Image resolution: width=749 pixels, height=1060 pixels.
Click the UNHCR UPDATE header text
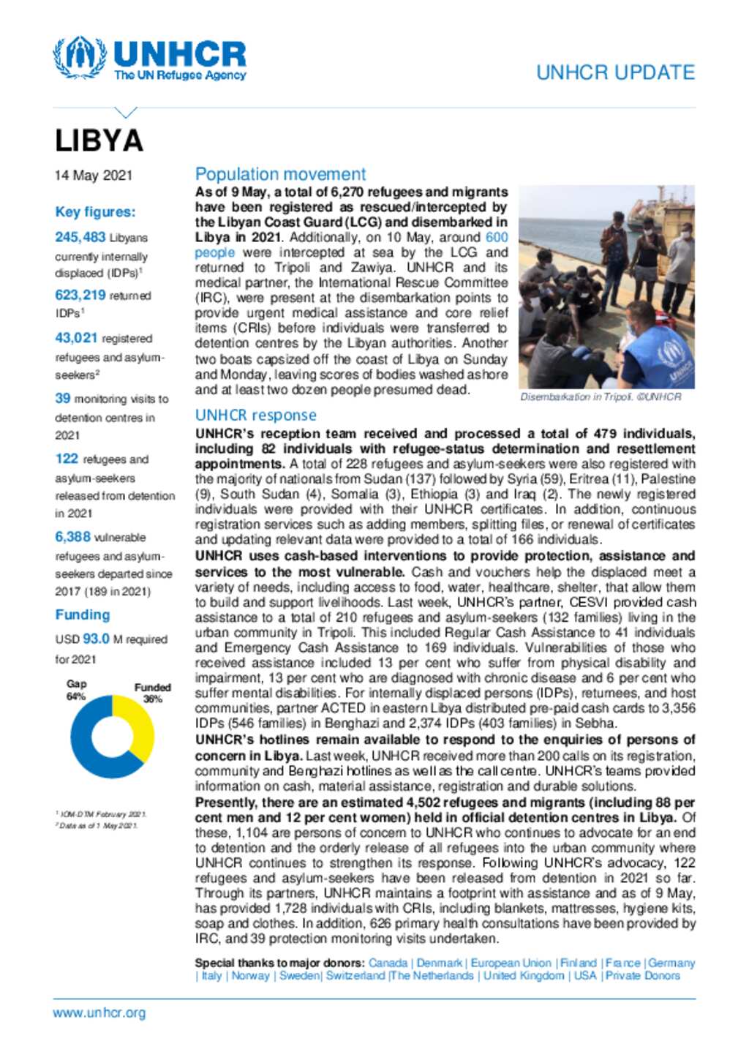pos(615,72)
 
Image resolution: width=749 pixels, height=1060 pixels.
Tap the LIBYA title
pos(99,141)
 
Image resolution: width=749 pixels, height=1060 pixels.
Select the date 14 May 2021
pos(94,176)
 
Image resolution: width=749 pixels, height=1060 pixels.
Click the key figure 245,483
pos(80,237)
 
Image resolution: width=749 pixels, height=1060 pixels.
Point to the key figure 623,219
pos(80,295)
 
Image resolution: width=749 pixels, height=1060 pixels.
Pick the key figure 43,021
pos(76,337)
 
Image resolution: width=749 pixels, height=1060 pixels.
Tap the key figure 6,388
pos(73,537)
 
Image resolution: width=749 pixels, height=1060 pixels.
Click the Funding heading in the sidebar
pos(83,615)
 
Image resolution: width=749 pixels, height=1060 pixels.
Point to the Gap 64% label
pos(76,690)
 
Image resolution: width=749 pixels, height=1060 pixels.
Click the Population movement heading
pos(280,174)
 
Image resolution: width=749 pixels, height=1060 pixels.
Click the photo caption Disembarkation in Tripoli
pos(600,396)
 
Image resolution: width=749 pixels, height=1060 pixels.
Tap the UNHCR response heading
pos(255,415)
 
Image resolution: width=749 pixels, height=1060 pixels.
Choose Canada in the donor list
pos(388,963)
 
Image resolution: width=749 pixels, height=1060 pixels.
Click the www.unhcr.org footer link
pos(99,1013)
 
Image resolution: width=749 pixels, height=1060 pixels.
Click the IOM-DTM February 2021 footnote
pos(102,814)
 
